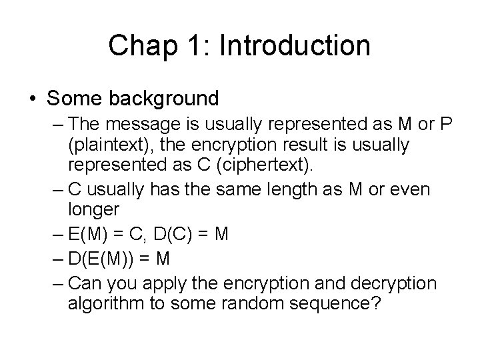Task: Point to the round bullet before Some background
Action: coord(33,99)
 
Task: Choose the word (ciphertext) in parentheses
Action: coord(285,164)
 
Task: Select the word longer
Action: coord(93,209)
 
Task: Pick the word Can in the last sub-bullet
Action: coord(83,283)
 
